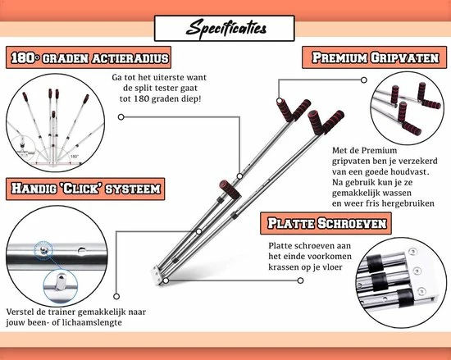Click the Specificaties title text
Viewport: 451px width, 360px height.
click(226, 29)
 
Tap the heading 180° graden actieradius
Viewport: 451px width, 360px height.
click(89, 57)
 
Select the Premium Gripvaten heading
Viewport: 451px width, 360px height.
click(376, 57)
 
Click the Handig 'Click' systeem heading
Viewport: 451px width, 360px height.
click(86, 189)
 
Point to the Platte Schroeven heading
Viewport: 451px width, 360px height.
click(326, 223)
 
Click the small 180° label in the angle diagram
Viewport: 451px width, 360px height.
click(75, 157)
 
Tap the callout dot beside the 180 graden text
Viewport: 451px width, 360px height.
click(121, 117)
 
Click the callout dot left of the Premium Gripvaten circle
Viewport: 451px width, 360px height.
click(364, 80)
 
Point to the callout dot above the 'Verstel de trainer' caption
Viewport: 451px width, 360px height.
click(116, 296)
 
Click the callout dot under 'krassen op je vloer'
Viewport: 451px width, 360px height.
click(300, 280)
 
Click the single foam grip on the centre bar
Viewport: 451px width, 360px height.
click(230, 189)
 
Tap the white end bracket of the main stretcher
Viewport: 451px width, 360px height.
click(157, 275)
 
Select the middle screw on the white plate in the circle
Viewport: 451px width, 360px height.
click(417, 271)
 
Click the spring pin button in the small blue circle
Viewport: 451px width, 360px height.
click(61, 283)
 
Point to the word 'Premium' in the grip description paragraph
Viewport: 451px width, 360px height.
click(379, 150)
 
